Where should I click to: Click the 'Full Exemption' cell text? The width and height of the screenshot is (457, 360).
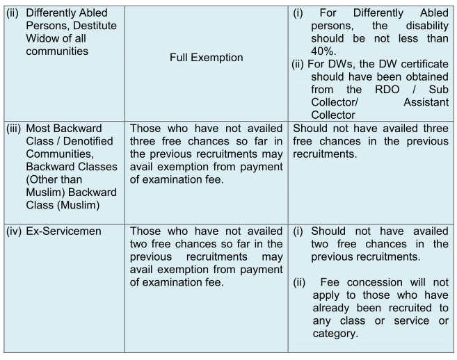207,58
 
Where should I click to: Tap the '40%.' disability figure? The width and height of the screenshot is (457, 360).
323,51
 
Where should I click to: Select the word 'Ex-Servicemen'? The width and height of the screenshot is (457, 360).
63,231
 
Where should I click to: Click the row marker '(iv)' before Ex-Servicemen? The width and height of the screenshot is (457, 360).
14,231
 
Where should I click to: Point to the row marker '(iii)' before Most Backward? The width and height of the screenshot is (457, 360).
14,129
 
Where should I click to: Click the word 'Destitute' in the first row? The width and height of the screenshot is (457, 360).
95,26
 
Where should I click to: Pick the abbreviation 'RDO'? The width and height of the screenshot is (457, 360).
387,90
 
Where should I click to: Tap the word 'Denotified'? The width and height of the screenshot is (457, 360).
88,141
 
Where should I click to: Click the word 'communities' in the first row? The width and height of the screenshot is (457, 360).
57,51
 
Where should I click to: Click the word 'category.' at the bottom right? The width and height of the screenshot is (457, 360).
335,334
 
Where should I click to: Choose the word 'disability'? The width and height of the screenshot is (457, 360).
427,26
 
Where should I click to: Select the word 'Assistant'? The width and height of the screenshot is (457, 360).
426,102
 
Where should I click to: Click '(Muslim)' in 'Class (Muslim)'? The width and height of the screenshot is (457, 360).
79,205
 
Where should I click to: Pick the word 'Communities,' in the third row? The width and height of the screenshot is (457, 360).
60,154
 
